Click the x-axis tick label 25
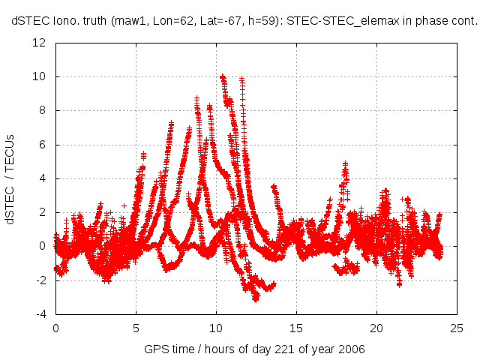point(457,328)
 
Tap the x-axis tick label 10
point(216,328)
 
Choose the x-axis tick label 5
point(136,328)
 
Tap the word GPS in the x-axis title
point(155,350)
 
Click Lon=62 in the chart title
point(162,22)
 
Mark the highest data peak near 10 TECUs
point(222,76)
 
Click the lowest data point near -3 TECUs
point(256,298)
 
